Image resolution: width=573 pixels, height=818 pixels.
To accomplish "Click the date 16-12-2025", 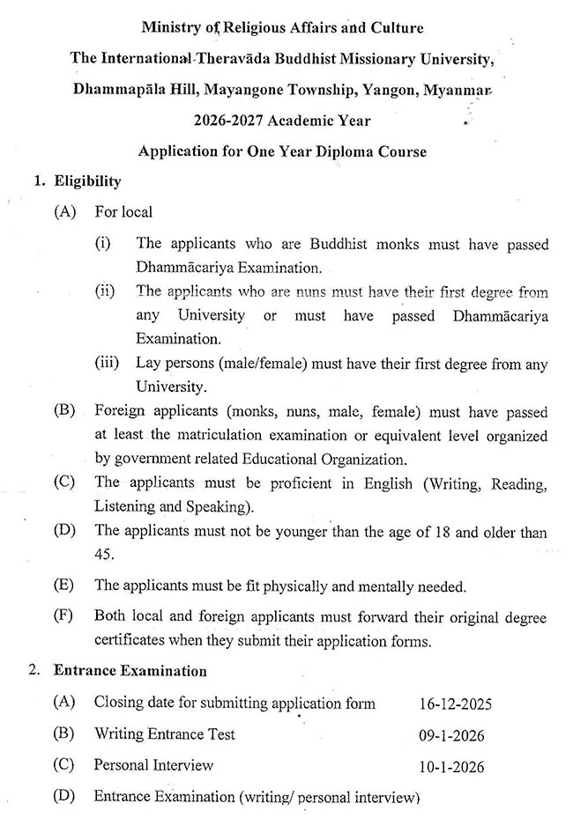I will coord(455,704).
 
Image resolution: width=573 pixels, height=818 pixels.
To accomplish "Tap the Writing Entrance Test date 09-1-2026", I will coord(452,734).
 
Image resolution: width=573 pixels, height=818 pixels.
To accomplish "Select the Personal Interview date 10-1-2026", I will coord(452,766).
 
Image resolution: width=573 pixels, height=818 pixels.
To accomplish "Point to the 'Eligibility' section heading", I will coord(88,181).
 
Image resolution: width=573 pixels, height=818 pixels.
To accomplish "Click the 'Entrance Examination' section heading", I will coord(130,671).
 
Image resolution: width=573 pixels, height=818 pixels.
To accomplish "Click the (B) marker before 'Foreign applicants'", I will coord(64,411).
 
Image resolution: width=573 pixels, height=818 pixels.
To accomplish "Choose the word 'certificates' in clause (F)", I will coord(130,641).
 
